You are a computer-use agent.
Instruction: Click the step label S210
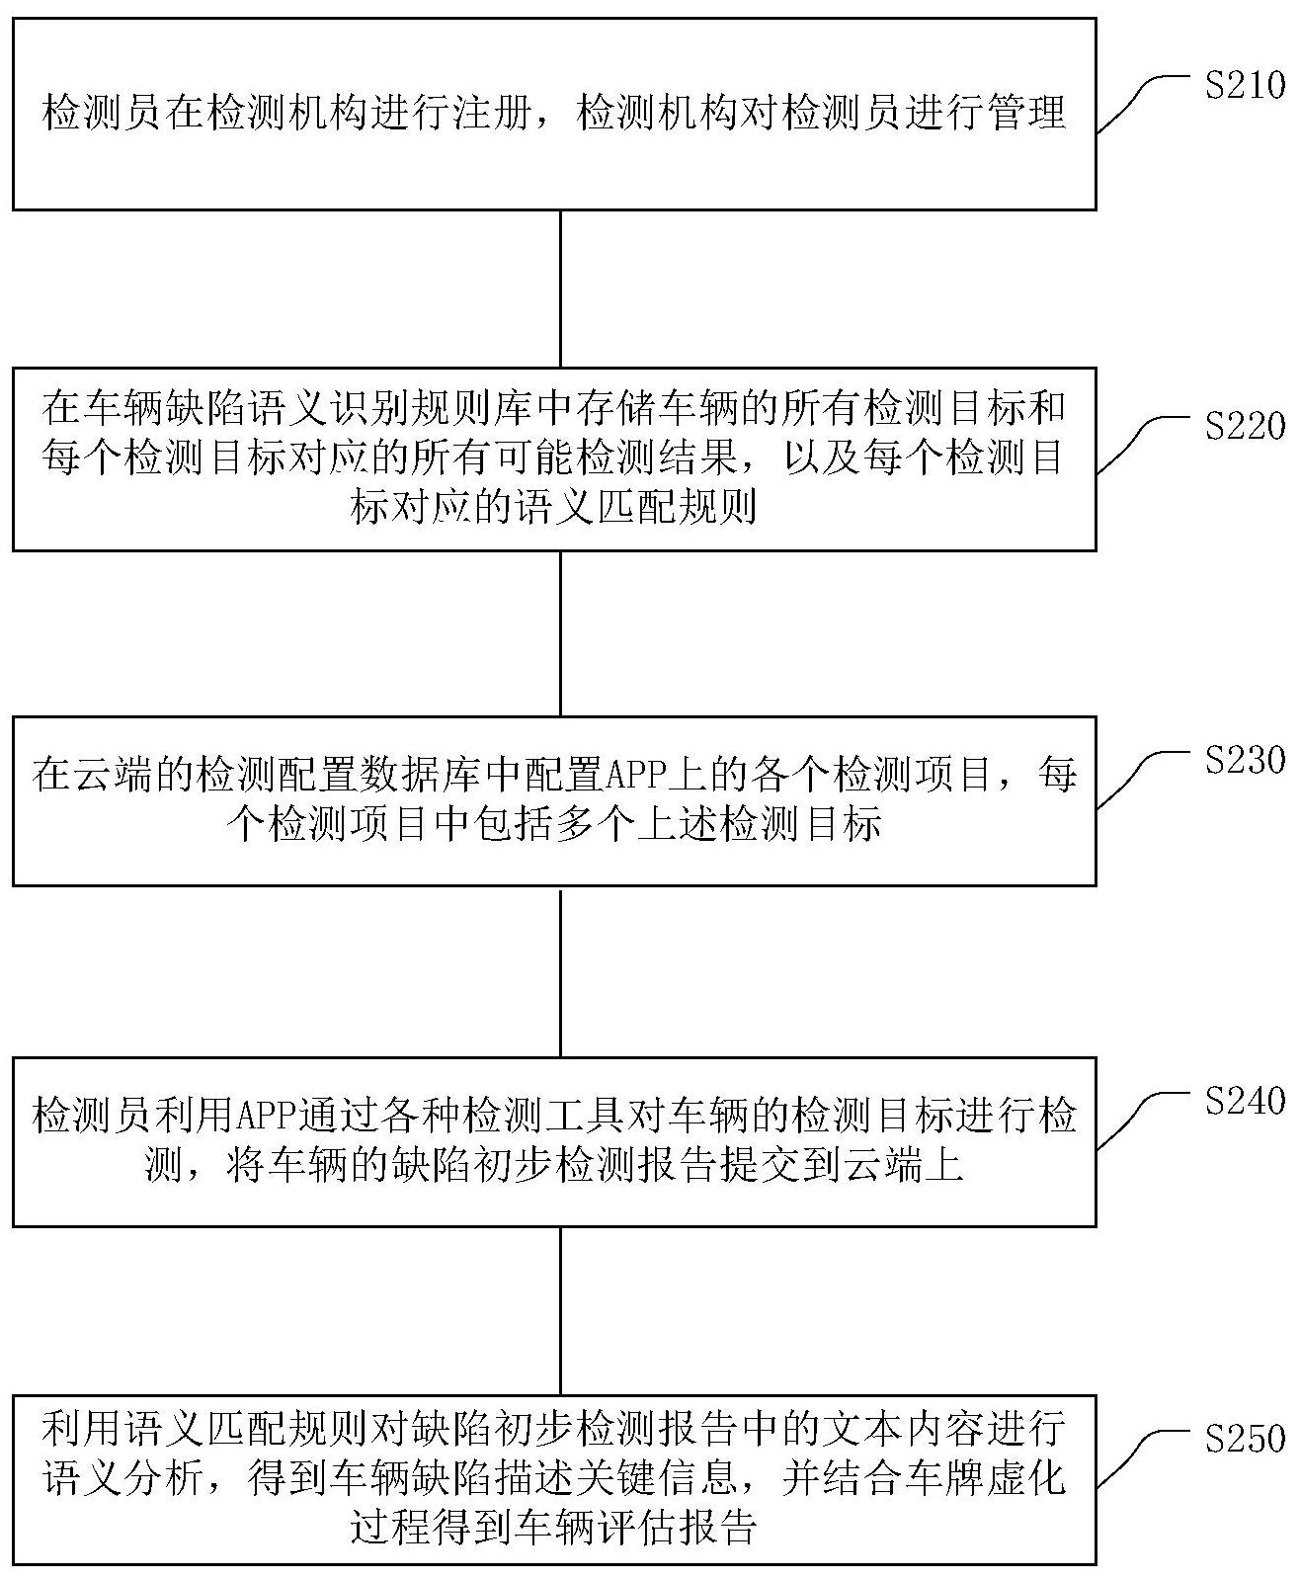[1244, 86]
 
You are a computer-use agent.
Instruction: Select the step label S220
[1244, 427]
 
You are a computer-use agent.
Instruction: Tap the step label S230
[1244, 760]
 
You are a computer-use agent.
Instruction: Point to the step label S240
[1244, 1100]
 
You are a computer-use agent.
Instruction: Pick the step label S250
[1244, 1439]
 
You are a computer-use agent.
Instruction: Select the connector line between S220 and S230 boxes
[560, 632]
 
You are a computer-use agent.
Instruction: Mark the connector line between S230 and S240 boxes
[560, 970]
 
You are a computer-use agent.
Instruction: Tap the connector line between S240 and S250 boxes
[560, 1310]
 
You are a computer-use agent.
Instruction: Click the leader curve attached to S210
[1141, 105]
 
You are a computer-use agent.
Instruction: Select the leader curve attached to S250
[1141, 1458]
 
